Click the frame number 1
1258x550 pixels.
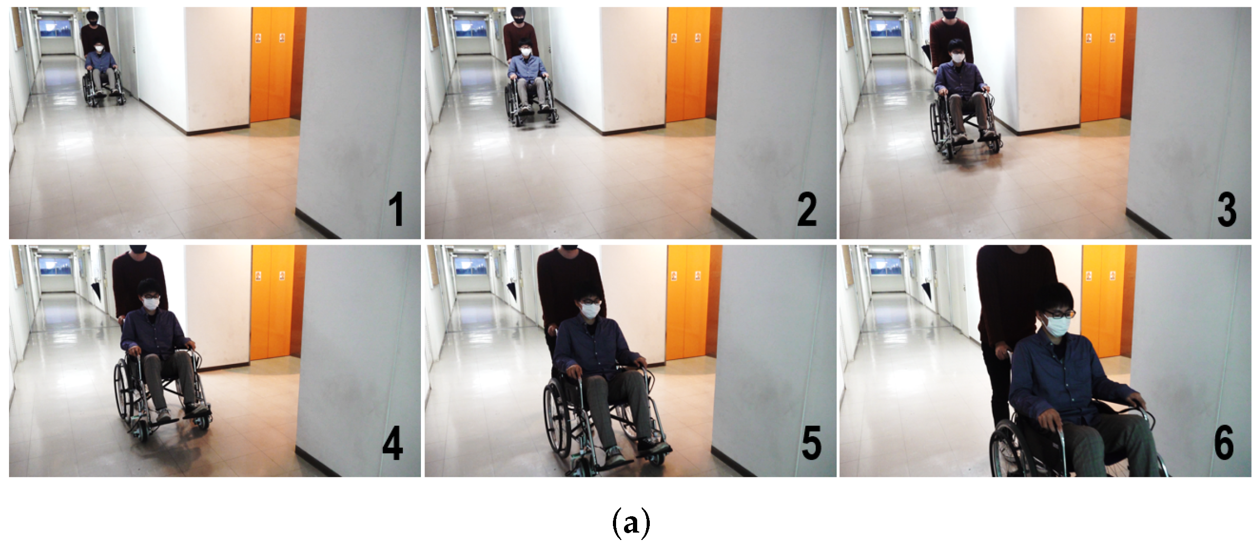[396, 209]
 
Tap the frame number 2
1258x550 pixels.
[807, 209]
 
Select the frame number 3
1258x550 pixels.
[1227, 209]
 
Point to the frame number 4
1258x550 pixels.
[392, 443]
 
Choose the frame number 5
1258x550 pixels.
[811, 443]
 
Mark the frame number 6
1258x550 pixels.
[1224, 443]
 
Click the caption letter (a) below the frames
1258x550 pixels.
[631, 523]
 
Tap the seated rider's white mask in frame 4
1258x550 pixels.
[151, 303]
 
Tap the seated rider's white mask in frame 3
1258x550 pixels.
[958, 57]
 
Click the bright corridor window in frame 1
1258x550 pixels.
[57, 27]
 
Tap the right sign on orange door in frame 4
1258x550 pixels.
[282, 275]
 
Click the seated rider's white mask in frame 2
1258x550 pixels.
[525, 51]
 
